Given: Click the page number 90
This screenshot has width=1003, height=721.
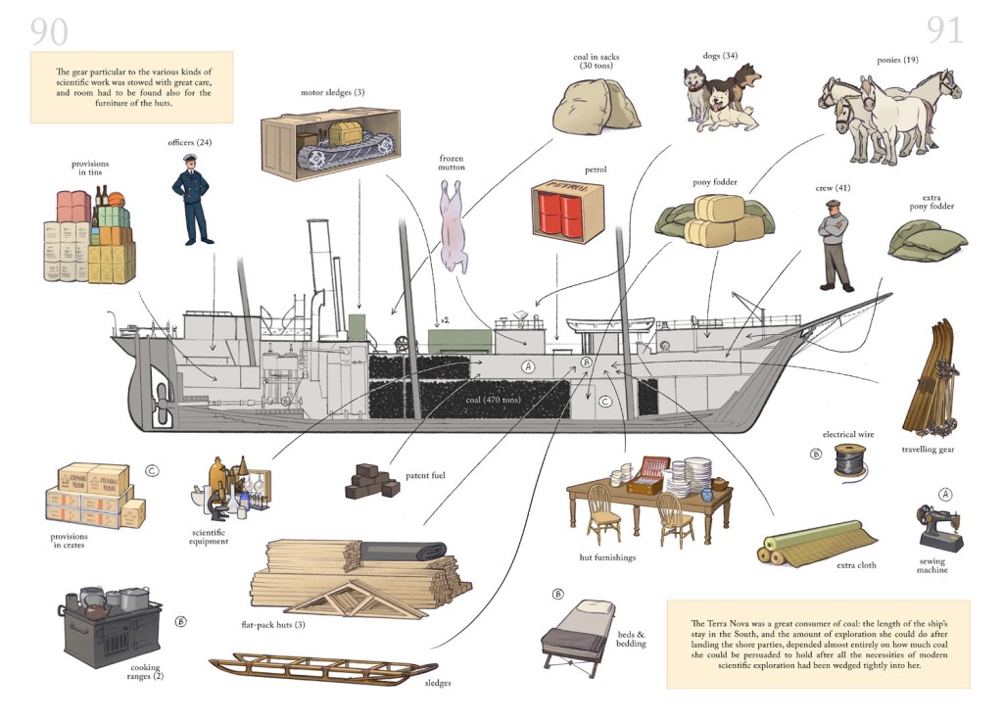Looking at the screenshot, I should click(49, 31).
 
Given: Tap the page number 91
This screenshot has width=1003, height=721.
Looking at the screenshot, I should click(944, 31).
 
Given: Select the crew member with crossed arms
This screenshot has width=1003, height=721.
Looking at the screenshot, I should click(835, 245).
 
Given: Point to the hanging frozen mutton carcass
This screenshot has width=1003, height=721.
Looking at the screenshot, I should click(454, 225).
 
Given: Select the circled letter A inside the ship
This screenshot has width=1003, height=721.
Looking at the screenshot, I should click(529, 367).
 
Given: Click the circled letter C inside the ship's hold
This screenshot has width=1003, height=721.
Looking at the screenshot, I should click(605, 400).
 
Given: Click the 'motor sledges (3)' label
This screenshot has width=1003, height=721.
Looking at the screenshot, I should click(333, 93).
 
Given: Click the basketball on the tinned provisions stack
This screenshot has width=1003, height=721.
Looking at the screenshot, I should click(115, 202).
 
